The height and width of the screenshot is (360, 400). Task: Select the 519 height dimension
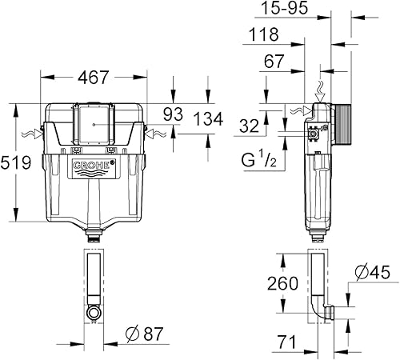coord(16,163)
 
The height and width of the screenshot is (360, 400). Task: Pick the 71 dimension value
coord(285,342)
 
